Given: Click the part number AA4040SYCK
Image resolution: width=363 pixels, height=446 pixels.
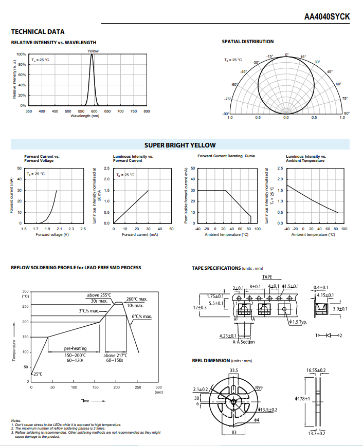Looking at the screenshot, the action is click(327, 17).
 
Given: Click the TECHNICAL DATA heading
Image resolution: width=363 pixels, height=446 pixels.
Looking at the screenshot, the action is click(38, 32).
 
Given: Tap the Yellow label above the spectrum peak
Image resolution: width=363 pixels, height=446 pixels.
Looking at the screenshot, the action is click(93, 51).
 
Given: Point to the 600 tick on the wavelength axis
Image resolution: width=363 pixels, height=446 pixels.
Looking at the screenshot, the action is click(94, 111).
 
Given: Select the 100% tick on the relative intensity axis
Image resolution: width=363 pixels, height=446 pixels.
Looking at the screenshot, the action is click(21, 54).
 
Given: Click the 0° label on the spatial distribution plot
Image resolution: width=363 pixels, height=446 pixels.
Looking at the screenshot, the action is click(287, 54).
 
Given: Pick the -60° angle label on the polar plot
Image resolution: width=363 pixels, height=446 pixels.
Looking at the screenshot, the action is click(234, 84).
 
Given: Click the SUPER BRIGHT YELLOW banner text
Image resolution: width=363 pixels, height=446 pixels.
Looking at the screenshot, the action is click(180, 145).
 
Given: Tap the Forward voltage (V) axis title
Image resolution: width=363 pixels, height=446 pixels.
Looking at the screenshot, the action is click(52, 235).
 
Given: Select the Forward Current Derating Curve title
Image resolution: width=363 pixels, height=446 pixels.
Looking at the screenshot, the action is click(226, 156).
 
